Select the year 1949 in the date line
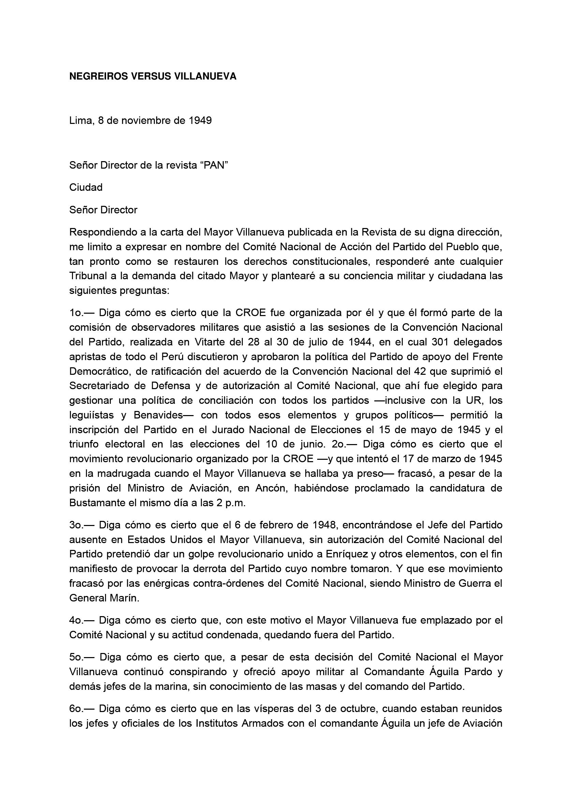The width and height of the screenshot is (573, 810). (x=200, y=121)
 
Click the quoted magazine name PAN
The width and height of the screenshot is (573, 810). (x=215, y=165)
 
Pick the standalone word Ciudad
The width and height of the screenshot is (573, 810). (x=86, y=187)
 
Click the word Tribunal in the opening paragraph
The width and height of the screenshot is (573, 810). (x=88, y=275)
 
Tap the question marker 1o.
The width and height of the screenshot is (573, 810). (x=76, y=313)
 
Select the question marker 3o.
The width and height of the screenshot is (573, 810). (x=76, y=525)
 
